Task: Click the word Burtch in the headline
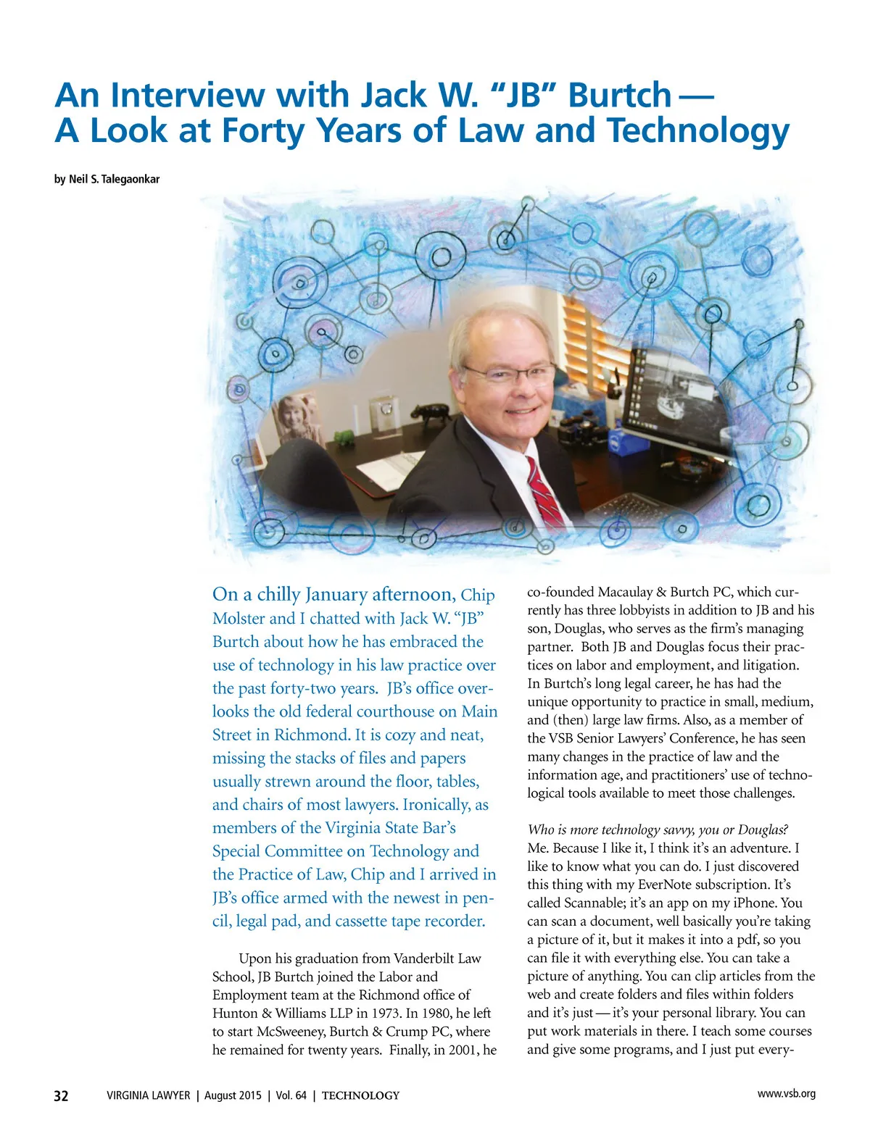click(x=620, y=96)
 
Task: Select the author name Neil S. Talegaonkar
click(x=114, y=179)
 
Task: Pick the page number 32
click(x=62, y=1096)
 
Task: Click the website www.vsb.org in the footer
click(x=786, y=1094)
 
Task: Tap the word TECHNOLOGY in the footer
click(x=360, y=1096)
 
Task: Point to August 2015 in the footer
click(x=231, y=1096)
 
